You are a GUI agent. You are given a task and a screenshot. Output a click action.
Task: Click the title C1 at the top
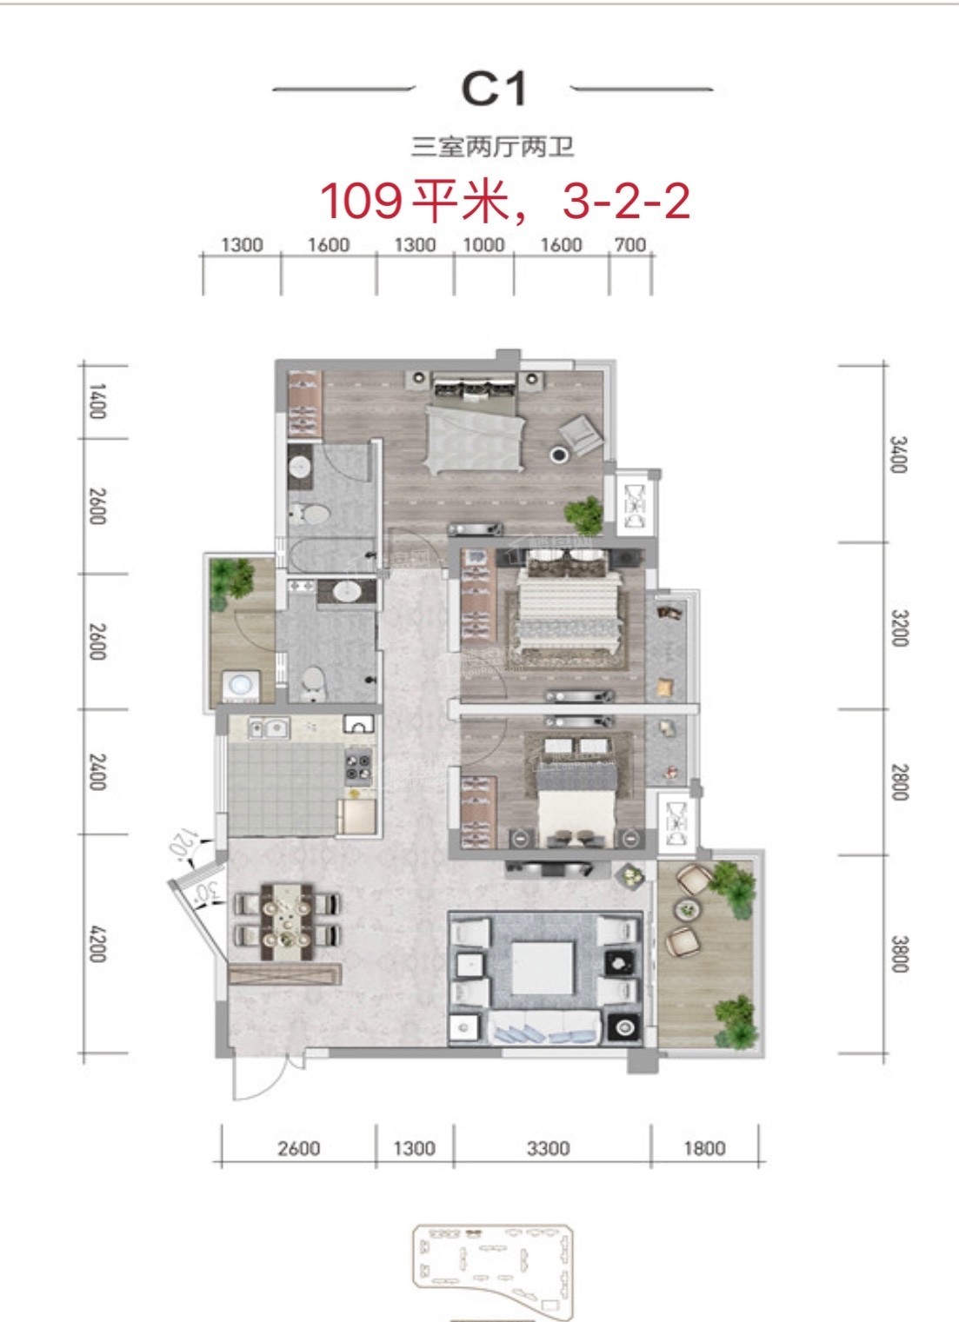pos(493,89)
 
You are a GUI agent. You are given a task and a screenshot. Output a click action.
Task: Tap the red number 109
pos(361,201)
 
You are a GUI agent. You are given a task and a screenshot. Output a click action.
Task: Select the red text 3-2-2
pos(626,201)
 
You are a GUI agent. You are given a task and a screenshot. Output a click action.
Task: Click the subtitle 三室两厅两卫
pos(493,147)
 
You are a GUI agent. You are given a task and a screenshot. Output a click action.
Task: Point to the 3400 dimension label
pos(898,454)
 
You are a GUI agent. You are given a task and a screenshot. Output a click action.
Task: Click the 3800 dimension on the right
pos(898,953)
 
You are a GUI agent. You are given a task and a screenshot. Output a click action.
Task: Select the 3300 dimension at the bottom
pos(549,1148)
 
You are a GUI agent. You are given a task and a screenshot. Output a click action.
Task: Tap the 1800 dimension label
pos(703,1148)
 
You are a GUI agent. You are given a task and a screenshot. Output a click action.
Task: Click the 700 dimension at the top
pos(629,244)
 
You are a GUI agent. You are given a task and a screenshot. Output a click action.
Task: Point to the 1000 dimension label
pos(483,244)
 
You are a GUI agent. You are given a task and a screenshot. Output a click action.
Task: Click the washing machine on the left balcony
pos(238,687)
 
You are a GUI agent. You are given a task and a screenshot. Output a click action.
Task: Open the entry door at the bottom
pos(261,1078)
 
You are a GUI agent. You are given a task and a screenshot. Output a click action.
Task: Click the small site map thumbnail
pos(491,1269)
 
